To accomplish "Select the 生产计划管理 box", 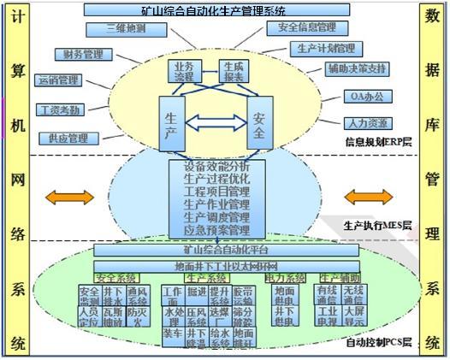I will (x=326, y=49).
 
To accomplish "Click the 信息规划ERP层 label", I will (x=376, y=142).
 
